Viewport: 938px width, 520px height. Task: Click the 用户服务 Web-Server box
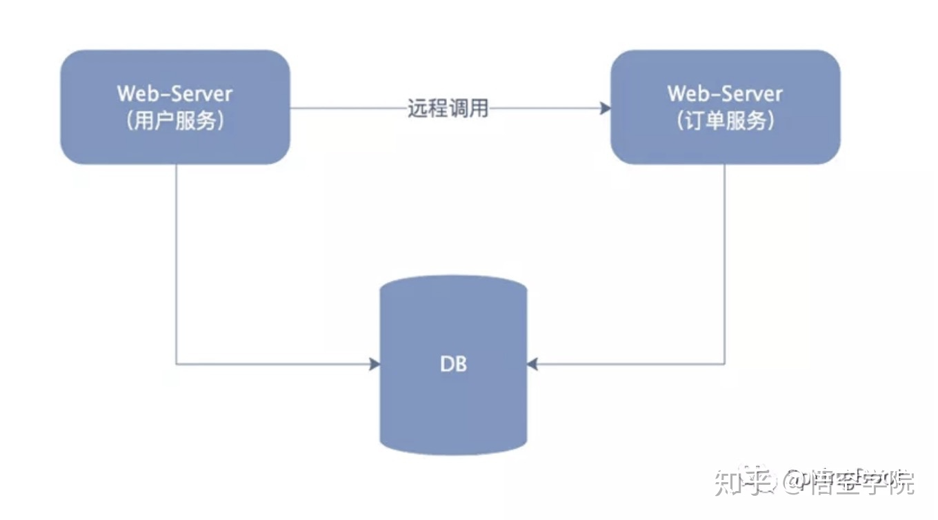(175, 107)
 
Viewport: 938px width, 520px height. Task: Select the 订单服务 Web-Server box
(725, 107)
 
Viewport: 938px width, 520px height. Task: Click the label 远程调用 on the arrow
(448, 108)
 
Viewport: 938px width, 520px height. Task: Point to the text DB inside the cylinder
(453, 363)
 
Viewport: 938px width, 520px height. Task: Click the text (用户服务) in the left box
(175, 122)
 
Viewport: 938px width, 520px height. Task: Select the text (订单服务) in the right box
(725, 122)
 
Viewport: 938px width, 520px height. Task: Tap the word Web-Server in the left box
(175, 93)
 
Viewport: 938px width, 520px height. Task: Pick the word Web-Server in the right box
(725, 93)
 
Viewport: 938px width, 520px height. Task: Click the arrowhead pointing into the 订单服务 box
(605, 108)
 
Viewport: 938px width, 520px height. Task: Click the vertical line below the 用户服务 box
(177, 262)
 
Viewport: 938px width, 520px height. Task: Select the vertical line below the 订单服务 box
(725, 262)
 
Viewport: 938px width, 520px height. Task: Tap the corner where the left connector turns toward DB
(177, 363)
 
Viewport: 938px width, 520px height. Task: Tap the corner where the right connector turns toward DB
(725, 363)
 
